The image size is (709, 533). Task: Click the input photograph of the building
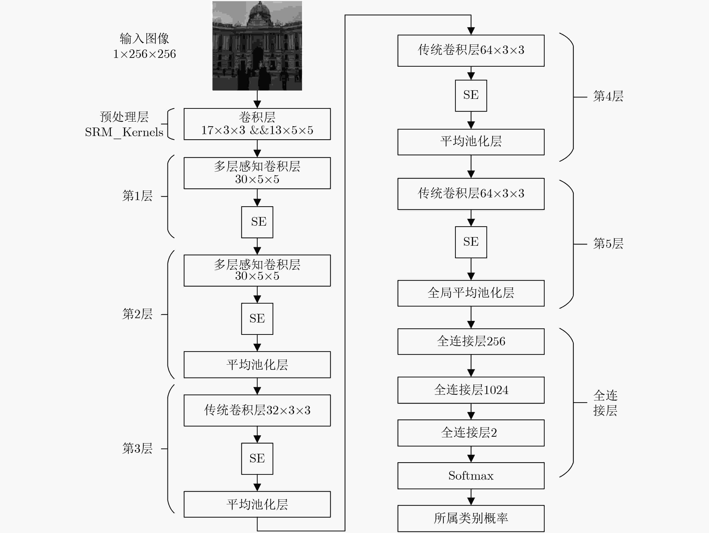(x=257, y=46)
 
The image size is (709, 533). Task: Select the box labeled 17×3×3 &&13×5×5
(x=257, y=124)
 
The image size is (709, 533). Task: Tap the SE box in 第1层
(x=257, y=222)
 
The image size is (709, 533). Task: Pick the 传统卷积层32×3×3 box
(x=257, y=410)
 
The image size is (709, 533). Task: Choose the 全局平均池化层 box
(x=471, y=293)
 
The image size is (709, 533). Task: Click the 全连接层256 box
(x=471, y=342)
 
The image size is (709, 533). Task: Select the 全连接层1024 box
(x=471, y=390)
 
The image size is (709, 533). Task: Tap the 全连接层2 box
(x=471, y=433)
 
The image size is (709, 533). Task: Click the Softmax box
(x=471, y=476)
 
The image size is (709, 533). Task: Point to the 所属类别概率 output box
(x=471, y=519)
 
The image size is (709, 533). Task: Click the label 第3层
(x=137, y=449)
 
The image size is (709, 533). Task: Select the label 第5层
(x=608, y=244)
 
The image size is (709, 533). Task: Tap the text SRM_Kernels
(x=124, y=132)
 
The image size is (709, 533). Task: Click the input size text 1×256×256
(x=145, y=54)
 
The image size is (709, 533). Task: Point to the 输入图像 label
(x=145, y=39)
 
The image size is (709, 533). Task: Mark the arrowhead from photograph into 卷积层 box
(x=257, y=104)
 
